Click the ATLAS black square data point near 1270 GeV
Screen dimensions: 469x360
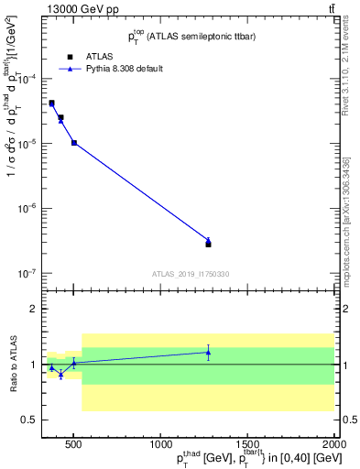click(208, 244)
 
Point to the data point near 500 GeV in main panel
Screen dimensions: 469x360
click(74, 143)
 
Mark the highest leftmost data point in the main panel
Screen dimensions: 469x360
click(51, 103)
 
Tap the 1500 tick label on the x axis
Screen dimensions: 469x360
click(248, 443)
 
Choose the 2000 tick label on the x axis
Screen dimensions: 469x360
click(333, 443)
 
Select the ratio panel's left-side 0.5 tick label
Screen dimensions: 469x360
click(27, 420)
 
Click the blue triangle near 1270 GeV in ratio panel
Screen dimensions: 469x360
click(208, 352)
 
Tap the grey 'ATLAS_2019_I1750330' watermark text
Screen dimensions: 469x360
click(190, 274)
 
